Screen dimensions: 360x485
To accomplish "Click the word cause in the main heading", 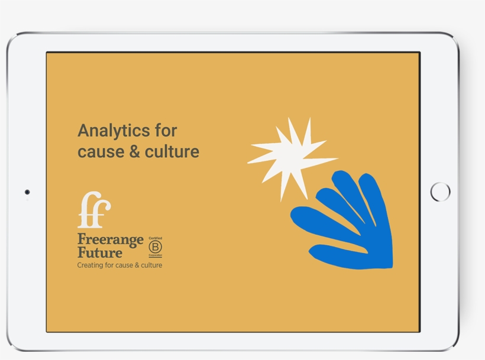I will (100, 152).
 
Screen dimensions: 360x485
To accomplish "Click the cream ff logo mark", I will (94, 210).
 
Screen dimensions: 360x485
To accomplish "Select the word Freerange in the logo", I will (111, 240).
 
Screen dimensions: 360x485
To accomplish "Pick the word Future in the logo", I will (100, 252).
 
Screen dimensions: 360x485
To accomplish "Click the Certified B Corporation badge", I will (155, 247).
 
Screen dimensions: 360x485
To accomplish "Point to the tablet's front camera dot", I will (27, 192).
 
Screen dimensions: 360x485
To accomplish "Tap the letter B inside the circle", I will (155, 247).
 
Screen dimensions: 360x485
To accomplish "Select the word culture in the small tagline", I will (151, 265).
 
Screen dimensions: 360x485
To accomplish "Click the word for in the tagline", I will (109, 265).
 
